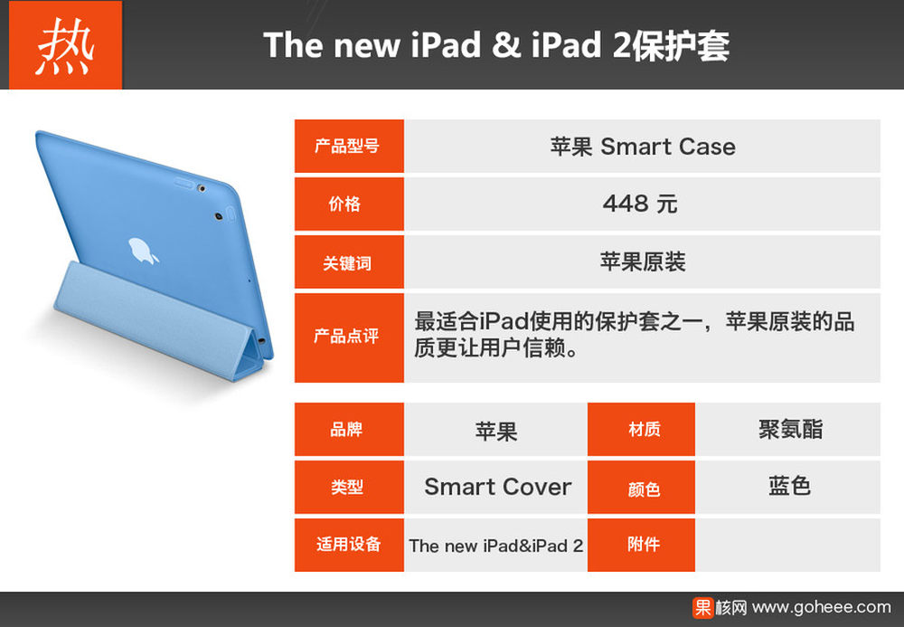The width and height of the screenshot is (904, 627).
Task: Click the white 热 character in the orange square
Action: point(65,46)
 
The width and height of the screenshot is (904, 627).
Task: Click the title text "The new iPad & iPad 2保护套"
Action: point(496,45)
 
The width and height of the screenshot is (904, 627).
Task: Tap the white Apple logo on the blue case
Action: point(142,251)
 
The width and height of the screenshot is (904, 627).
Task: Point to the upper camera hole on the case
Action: point(201,188)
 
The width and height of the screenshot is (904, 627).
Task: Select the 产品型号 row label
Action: point(349,146)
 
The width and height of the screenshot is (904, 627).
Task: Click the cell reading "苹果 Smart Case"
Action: point(642,146)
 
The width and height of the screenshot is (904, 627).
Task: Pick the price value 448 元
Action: point(640,204)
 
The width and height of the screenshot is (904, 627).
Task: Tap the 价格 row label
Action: point(349,204)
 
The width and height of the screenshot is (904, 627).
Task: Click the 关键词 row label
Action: point(349,261)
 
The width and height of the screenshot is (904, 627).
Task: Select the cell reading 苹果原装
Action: point(642,261)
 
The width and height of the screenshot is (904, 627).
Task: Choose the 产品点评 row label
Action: point(349,337)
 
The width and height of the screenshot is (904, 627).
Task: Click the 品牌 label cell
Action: point(349,429)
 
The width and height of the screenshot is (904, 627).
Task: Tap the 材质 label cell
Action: point(641,429)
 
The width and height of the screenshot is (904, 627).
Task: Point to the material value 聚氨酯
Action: point(790,429)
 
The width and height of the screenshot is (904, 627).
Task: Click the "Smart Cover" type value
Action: point(497,487)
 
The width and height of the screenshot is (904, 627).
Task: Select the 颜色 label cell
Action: point(641,488)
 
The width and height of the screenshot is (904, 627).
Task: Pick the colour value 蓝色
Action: point(790,486)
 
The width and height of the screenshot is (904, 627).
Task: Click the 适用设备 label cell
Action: point(349,545)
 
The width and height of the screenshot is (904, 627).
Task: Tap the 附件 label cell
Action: point(641,545)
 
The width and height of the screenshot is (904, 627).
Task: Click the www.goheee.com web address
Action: point(822,607)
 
